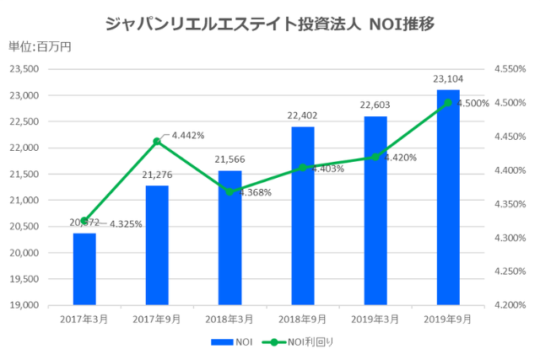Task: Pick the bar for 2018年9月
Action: coord(303,215)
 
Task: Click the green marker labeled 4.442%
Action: coord(157,142)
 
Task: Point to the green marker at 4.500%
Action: coord(448,103)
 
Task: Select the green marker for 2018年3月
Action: coord(229,191)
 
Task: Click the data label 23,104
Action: coord(447,80)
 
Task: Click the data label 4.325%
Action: coord(126,223)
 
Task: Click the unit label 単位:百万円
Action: coord(40,46)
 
